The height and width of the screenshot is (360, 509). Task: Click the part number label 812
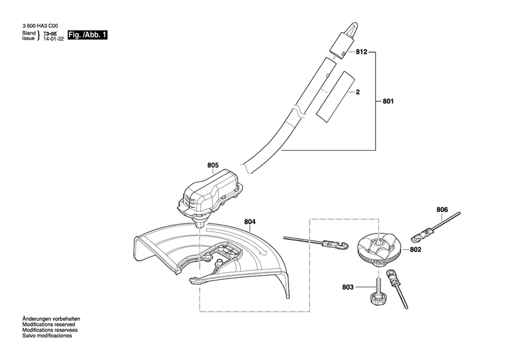(x=360, y=52)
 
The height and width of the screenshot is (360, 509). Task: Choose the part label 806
(x=442, y=209)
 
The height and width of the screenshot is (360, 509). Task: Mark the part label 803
(x=347, y=288)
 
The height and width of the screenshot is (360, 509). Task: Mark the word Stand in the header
(x=29, y=33)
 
